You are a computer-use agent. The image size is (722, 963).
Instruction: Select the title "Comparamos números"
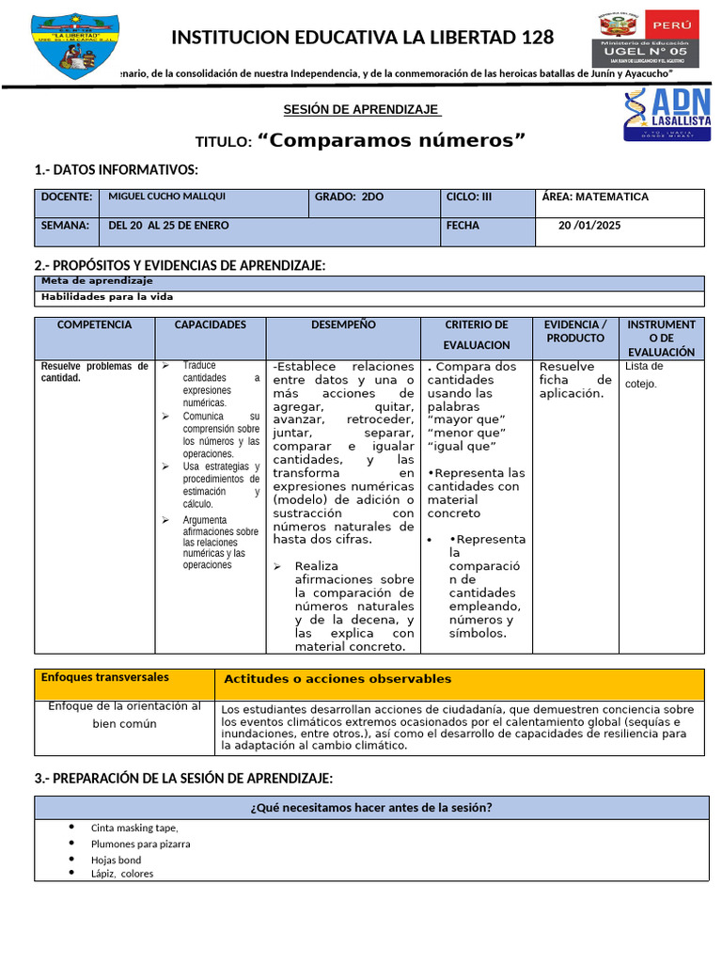(390, 140)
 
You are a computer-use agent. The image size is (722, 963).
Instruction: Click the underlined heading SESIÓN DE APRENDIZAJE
(362, 109)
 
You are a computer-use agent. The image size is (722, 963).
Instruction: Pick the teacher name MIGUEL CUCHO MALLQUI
(166, 197)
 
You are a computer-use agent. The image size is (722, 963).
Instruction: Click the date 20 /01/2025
(589, 226)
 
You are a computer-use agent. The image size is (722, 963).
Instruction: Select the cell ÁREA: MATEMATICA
(595, 197)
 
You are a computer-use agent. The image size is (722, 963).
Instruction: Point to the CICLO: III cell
(469, 197)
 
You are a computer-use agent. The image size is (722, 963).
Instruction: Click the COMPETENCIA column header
(94, 324)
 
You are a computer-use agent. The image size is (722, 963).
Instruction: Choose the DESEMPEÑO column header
(343, 324)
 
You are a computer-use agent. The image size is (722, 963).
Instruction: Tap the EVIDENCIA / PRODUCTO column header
(575, 331)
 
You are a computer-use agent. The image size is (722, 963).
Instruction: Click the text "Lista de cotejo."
(644, 374)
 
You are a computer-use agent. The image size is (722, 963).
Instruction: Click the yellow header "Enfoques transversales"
(105, 677)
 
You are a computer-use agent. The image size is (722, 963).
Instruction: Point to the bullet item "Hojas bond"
(116, 860)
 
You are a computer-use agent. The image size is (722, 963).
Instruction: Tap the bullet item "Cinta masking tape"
(134, 828)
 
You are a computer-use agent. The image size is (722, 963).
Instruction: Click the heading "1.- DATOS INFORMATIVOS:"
(116, 169)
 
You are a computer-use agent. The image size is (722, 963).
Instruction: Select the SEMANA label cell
(65, 226)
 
